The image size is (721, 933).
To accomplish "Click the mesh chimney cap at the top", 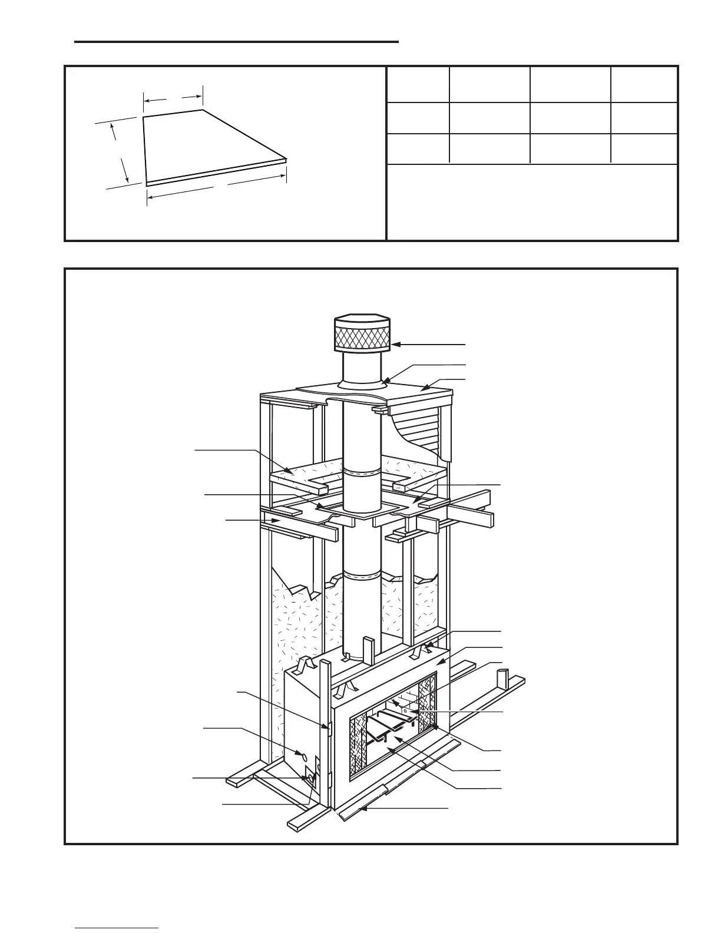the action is [362, 338].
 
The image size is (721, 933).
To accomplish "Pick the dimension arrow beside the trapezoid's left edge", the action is [120, 153].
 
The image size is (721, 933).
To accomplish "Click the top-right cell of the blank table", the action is [644, 84].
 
